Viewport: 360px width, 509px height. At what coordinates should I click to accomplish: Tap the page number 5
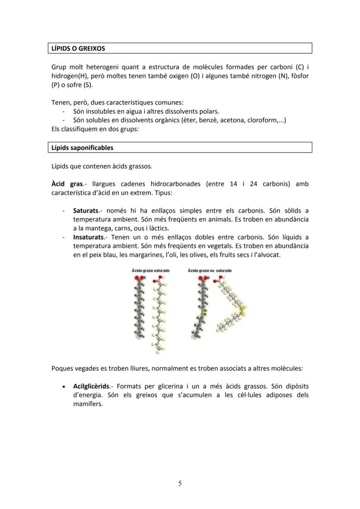pos(180,484)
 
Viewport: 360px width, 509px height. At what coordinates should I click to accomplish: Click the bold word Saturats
pos(86,211)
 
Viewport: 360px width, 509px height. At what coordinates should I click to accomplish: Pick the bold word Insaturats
pos(89,237)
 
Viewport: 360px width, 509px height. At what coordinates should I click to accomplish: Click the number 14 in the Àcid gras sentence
pos(233,184)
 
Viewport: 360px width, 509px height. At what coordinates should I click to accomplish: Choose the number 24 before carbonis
pos(254,184)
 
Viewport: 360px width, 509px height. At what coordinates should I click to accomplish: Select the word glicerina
pos(174,386)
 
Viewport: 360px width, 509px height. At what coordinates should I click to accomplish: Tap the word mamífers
pos(88,404)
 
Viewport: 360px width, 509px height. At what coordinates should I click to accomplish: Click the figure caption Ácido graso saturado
pos(150,270)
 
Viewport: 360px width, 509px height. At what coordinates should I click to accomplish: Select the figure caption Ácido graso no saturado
pos(210,270)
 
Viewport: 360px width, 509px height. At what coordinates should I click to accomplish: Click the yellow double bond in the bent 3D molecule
pos(242,310)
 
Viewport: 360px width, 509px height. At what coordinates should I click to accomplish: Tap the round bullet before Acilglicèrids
pos(64,386)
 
